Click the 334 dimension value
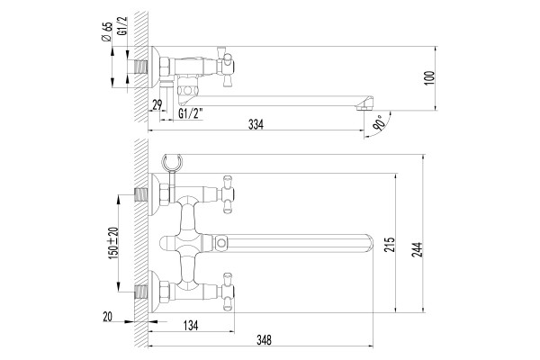pos(256,124)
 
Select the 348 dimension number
pos(264,340)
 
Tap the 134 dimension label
pos(191,325)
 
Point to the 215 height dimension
pos(390,245)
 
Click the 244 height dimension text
pos(417,249)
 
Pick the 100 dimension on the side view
pos(430,78)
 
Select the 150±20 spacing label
pos(113,243)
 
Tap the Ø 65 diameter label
pos(107,31)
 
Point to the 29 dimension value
pos(157,104)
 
